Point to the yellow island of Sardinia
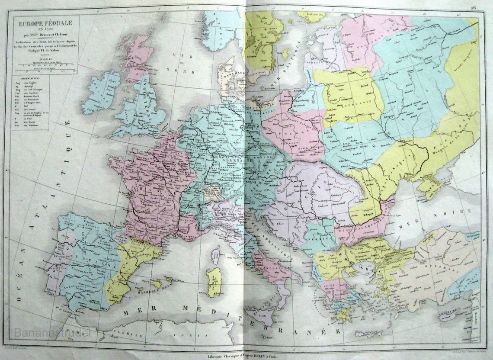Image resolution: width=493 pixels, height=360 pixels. pos(214,281)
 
